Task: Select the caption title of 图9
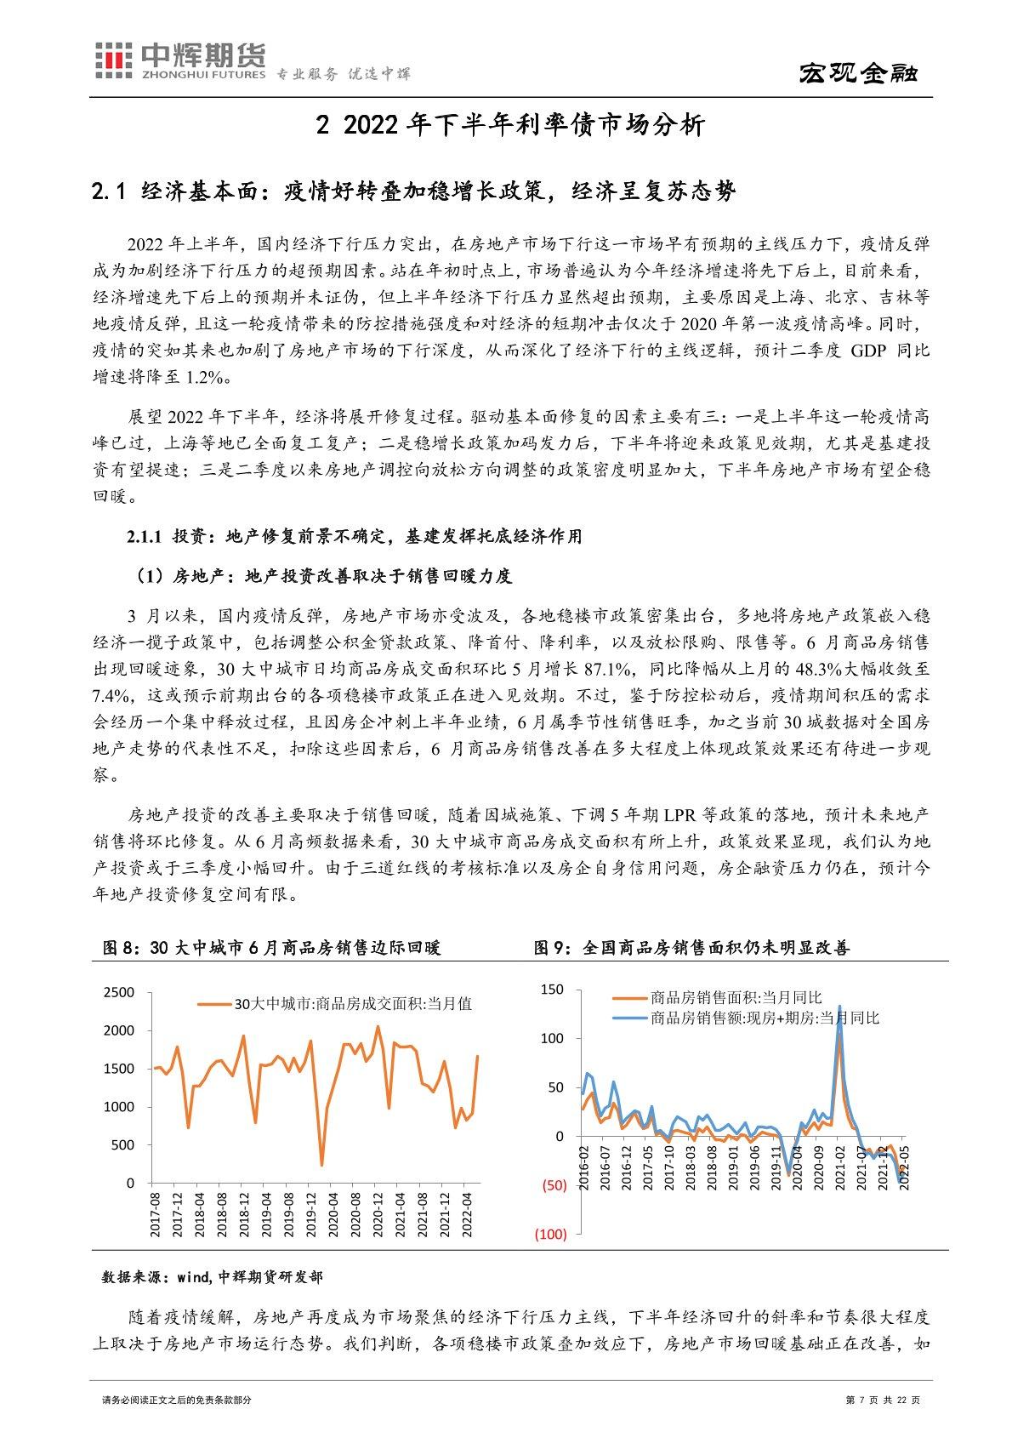[x=691, y=948]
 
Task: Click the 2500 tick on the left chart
[x=118, y=993]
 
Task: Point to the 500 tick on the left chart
[x=123, y=1145]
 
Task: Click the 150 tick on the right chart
[x=552, y=990]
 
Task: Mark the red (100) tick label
[x=551, y=1234]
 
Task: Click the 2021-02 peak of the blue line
[x=840, y=1007]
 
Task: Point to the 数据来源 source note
[x=212, y=1277]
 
